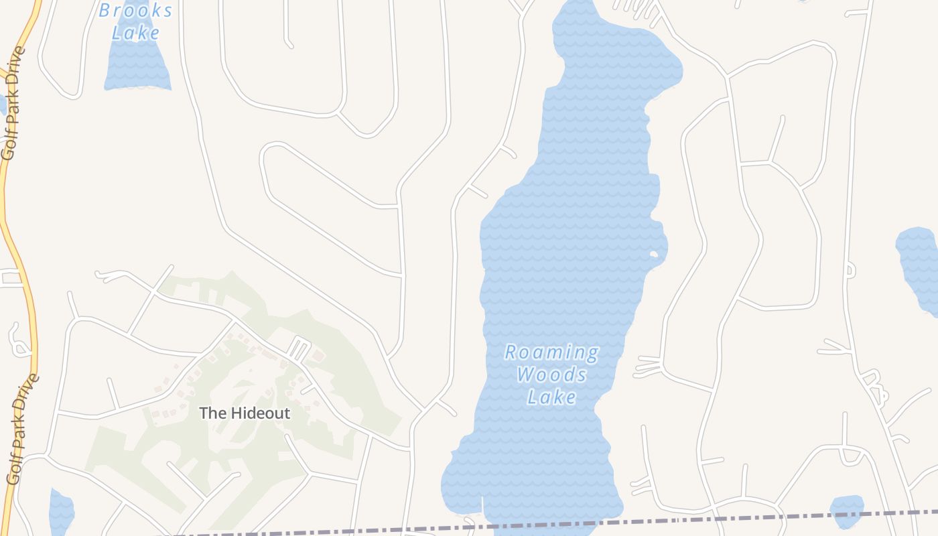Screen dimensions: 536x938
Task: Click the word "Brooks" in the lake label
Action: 136,11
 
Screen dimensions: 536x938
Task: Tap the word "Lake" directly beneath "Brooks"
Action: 136,33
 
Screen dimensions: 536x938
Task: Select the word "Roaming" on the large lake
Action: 551,352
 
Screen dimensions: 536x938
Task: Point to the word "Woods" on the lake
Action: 551,375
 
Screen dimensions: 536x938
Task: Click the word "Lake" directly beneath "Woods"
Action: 551,397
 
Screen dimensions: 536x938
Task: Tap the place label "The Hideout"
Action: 245,413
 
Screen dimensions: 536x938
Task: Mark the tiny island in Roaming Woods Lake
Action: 653,254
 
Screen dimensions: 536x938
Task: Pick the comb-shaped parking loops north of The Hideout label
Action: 299,349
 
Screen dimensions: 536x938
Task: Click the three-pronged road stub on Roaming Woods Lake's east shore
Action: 647,366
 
